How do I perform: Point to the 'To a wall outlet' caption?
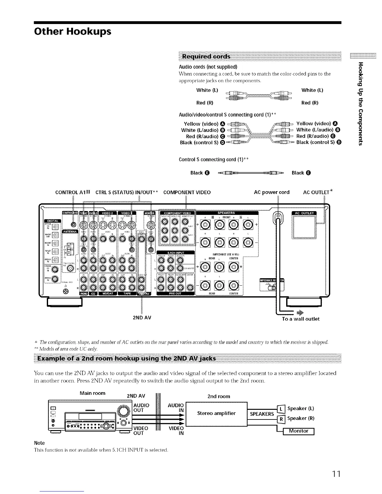[x=301, y=319]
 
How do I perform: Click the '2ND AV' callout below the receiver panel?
[x=142, y=318]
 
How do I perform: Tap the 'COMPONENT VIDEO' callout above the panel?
[x=187, y=192]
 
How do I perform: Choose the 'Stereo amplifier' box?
[x=216, y=414]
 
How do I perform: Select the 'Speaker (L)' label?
[x=300, y=409]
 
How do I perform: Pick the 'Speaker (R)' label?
[x=300, y=419]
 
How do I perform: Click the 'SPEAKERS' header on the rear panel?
[x=226, y=213]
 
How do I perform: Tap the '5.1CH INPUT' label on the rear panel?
[x=176, y=253]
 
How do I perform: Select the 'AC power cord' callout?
[x=272, y=192]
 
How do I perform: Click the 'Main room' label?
[x=92, y=393]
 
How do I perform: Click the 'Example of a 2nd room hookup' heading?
[x=126, y=358]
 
